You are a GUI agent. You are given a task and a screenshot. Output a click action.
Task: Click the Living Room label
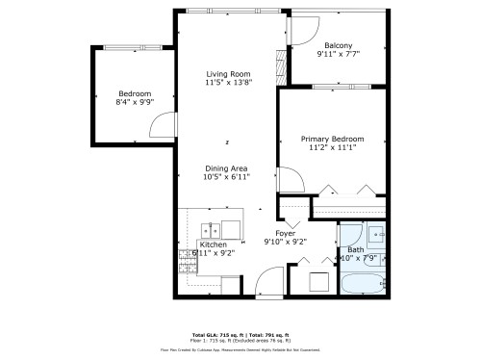click(228, 74)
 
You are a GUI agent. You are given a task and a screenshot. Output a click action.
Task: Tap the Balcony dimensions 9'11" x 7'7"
click(338, 55)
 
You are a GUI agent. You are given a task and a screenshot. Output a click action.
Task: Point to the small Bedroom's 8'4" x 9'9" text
click(134, 102)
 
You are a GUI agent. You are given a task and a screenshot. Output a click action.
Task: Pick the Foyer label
click(285, 233)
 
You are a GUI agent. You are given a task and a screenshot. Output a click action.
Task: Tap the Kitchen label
click(213, 244)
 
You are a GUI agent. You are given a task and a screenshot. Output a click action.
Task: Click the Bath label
click(356, 249)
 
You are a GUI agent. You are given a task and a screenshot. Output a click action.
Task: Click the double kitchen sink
click(210, 229)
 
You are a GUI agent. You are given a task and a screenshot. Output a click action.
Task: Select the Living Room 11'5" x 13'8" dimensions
click(228, 84)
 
